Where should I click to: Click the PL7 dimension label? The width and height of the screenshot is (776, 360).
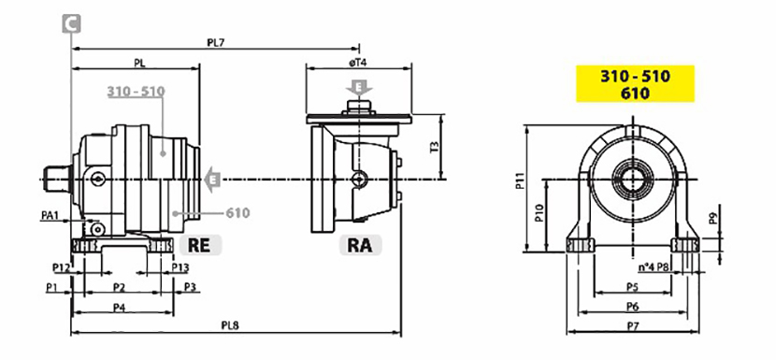coord(216,43)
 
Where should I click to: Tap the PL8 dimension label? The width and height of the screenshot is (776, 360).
coord(230,325)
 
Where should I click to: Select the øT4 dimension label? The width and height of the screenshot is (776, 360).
coord(358,63)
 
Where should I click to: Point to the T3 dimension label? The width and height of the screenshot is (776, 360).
coord(434,147)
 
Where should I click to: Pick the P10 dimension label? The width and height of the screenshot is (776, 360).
coord(539,214)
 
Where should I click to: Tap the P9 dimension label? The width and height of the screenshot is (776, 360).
coord(713,219)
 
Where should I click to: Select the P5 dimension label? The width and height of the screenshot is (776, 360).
coord(632,286)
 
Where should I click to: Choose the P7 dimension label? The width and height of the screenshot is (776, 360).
coord(632,325)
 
